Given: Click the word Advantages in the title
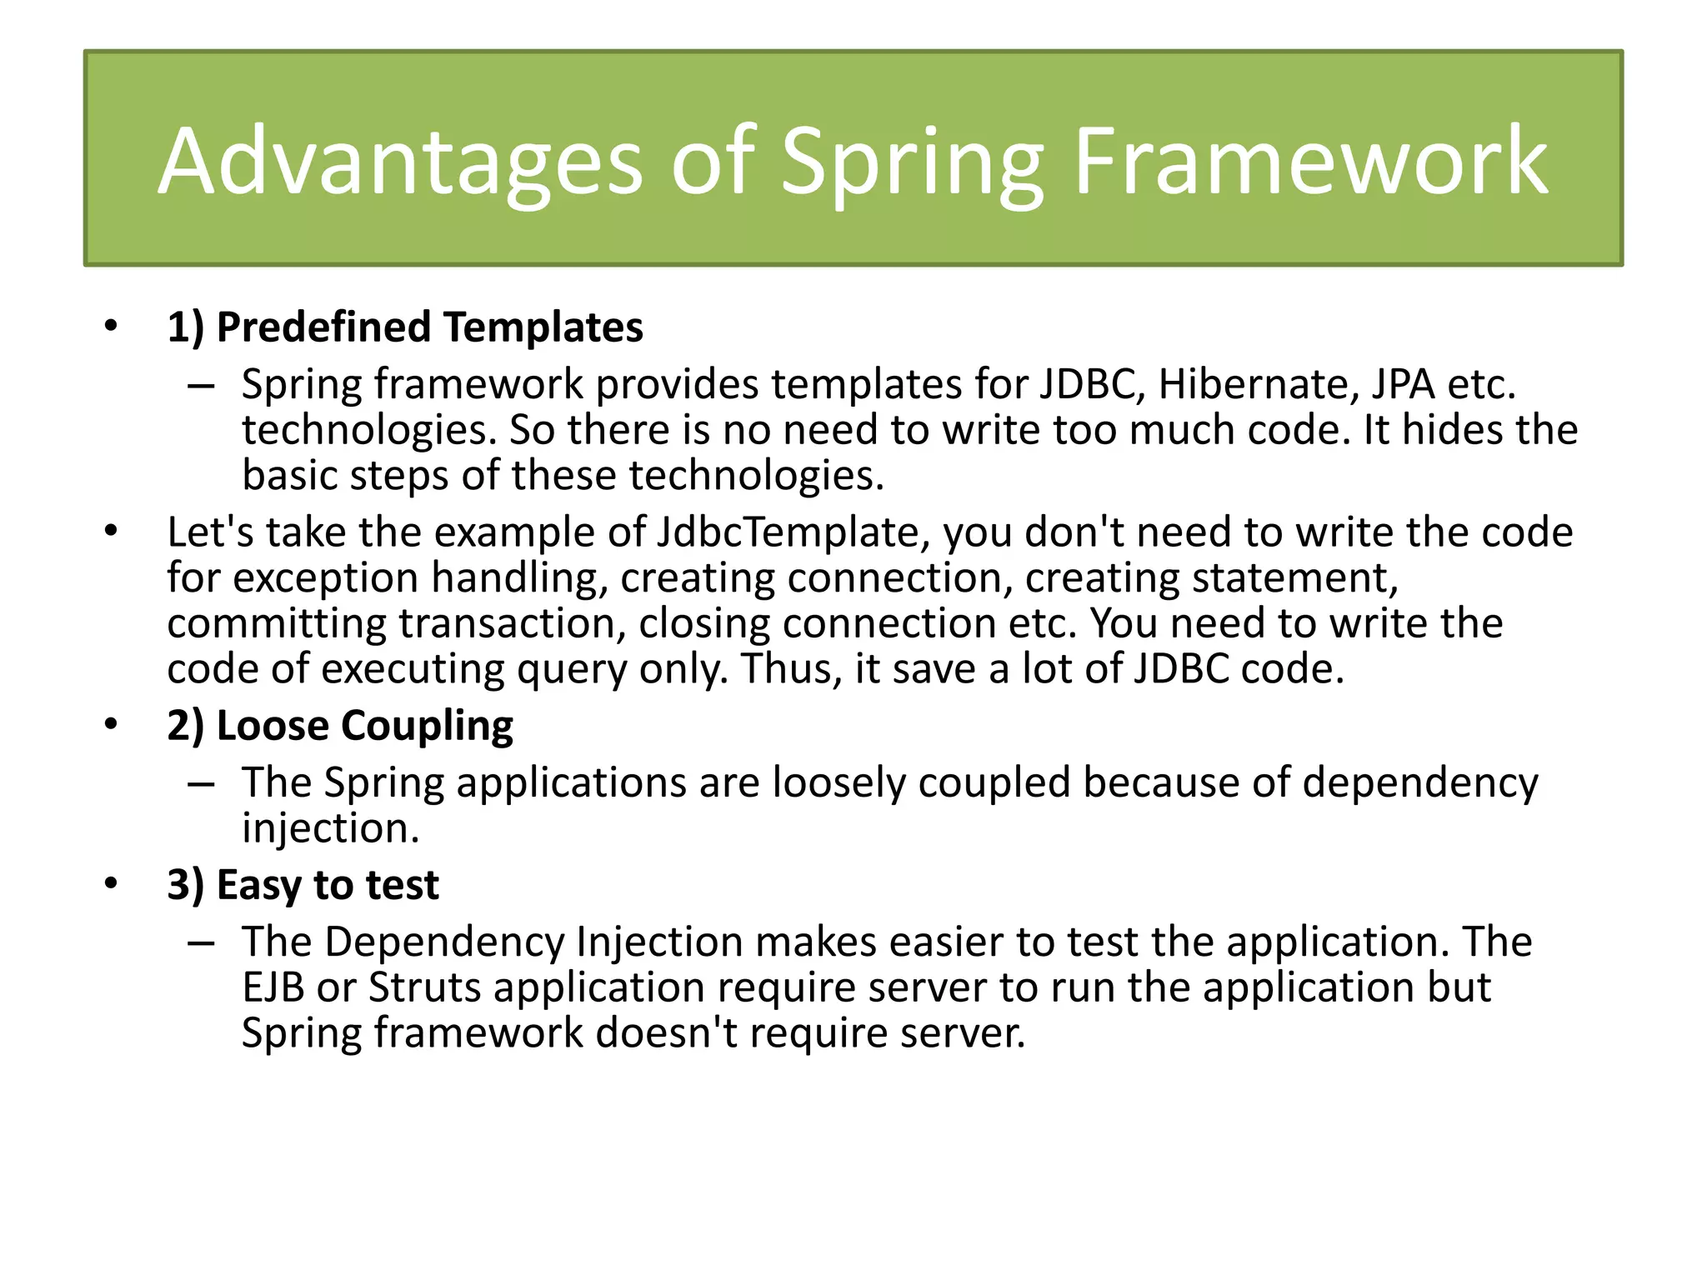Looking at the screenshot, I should tap(400, 162).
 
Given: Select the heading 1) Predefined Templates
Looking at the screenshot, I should tap(405, 327).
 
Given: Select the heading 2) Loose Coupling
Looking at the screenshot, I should tap(340, 725).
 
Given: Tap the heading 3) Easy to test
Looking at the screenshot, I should tap(303, 884).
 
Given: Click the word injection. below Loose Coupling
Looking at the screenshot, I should tap(330, 828).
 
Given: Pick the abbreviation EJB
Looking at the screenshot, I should tap(273, 987).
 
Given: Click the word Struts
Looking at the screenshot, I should tap(424, 987).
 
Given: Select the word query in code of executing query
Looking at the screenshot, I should tap(571, 669).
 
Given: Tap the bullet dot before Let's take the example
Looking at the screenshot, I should tap(111, 531).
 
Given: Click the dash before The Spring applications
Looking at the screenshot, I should tap(201, 784).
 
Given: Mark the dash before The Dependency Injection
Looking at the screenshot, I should tap(201, 943).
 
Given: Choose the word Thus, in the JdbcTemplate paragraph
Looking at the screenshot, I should tap(791, 669).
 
